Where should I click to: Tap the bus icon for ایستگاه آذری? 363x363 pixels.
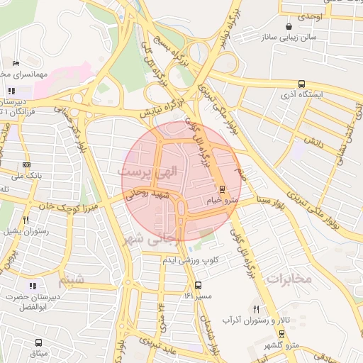[301, 83]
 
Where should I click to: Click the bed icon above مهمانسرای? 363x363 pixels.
[16, 63]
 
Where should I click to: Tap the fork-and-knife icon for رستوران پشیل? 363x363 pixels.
[26, 220]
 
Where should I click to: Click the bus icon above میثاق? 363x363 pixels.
[38, 342]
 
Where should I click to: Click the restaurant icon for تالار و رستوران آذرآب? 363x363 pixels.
[256, 309]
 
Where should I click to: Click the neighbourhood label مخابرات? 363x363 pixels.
[289, 279]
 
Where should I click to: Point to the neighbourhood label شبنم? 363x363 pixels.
[71, 281]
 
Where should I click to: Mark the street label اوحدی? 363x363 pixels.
[311, 16]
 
